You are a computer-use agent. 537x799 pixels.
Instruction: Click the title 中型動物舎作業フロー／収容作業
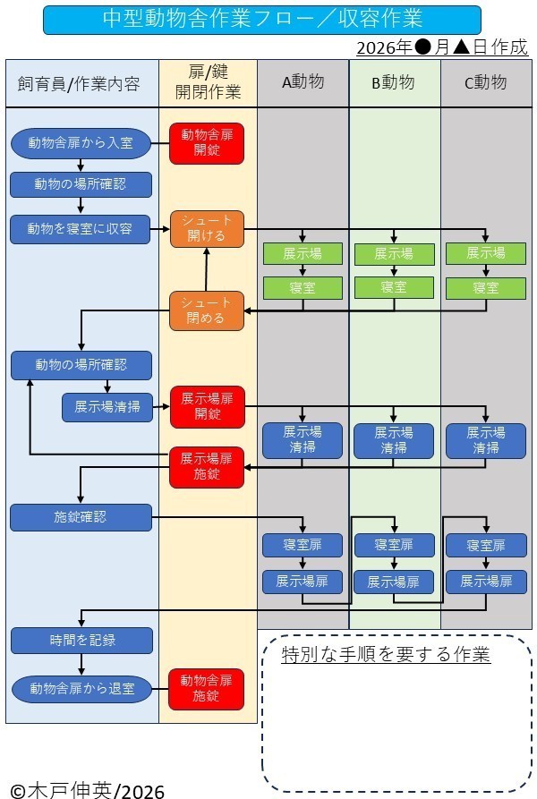click(x=261, y=19)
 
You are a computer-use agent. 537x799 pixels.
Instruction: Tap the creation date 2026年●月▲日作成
click(x=441, y=47)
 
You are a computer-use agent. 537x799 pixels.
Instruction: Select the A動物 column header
click(x=303, y=83)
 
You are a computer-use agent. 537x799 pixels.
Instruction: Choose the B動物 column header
click(x=394, y=83)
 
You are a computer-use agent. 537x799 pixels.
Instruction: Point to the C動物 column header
click(x=486, y=83)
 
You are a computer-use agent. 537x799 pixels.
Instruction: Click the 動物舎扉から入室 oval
click(x=81, y=142)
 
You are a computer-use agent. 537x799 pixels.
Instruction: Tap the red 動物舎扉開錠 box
click(x=207, y=143)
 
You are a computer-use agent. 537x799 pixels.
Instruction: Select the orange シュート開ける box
click(x=207, y=229)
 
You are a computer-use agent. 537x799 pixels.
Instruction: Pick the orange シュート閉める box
click(x=207, y=310)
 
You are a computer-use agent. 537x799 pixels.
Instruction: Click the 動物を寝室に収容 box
click(x=81, y=229)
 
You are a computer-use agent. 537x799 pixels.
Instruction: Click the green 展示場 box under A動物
click(x=303, y=253)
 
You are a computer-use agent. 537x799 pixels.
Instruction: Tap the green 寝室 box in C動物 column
click(x=486, y=287)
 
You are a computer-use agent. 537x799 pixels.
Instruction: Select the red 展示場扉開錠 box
click(x=207, y=406)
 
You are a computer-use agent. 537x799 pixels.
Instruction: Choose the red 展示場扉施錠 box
click(x=207, y=466)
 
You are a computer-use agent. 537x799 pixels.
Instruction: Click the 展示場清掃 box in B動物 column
click(x=394, y=440)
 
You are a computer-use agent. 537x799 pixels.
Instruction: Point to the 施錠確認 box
click(x=81, y=516)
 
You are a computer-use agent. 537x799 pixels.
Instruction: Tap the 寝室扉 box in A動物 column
click(x=303, y=545)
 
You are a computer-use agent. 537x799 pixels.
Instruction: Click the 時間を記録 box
click(x=81, y=641)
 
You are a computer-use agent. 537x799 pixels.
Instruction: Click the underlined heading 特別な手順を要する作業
click(x=385, y=654)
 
